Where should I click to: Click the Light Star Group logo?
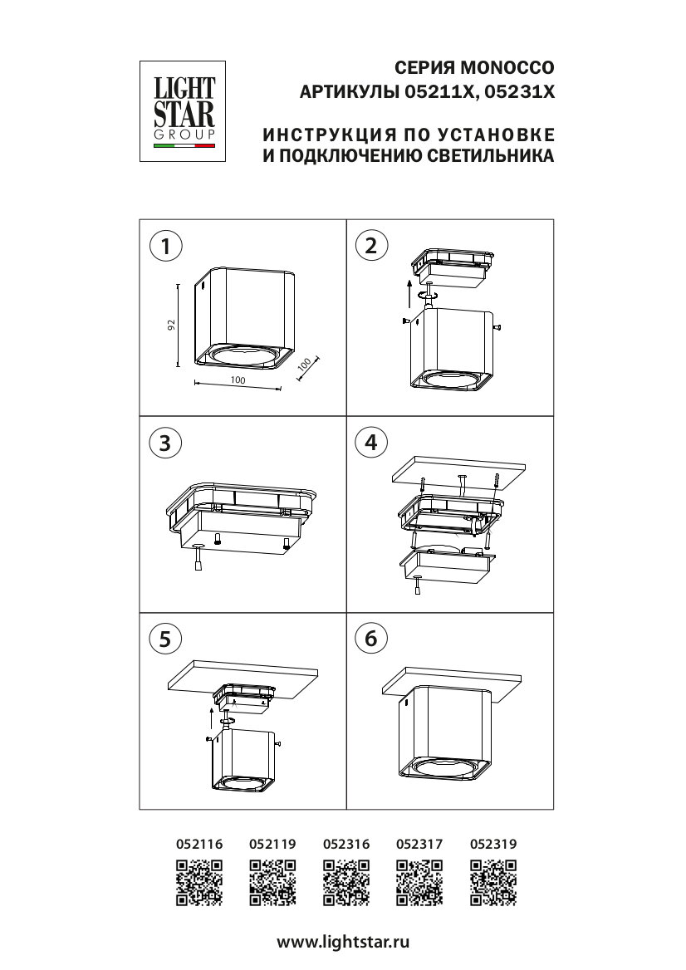(183, 111)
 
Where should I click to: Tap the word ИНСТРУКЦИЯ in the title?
(329, 135)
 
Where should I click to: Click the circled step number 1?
(165, 246)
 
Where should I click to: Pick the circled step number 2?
(371, 246)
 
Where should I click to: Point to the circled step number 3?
(165, 443)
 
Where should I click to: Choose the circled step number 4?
(371, 443)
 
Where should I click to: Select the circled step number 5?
(165, 639)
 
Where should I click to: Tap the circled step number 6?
(371, 638)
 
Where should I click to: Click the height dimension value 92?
(172, 325)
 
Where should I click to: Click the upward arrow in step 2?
(409, 293)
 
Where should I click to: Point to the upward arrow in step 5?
(211, 719)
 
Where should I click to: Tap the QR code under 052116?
(199, 883)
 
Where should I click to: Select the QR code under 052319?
(493, 883)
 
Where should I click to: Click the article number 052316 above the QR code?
(346, 844)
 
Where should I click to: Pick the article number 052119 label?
(272, 844)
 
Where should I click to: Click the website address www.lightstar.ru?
(343, 943)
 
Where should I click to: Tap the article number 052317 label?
(419, 844)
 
